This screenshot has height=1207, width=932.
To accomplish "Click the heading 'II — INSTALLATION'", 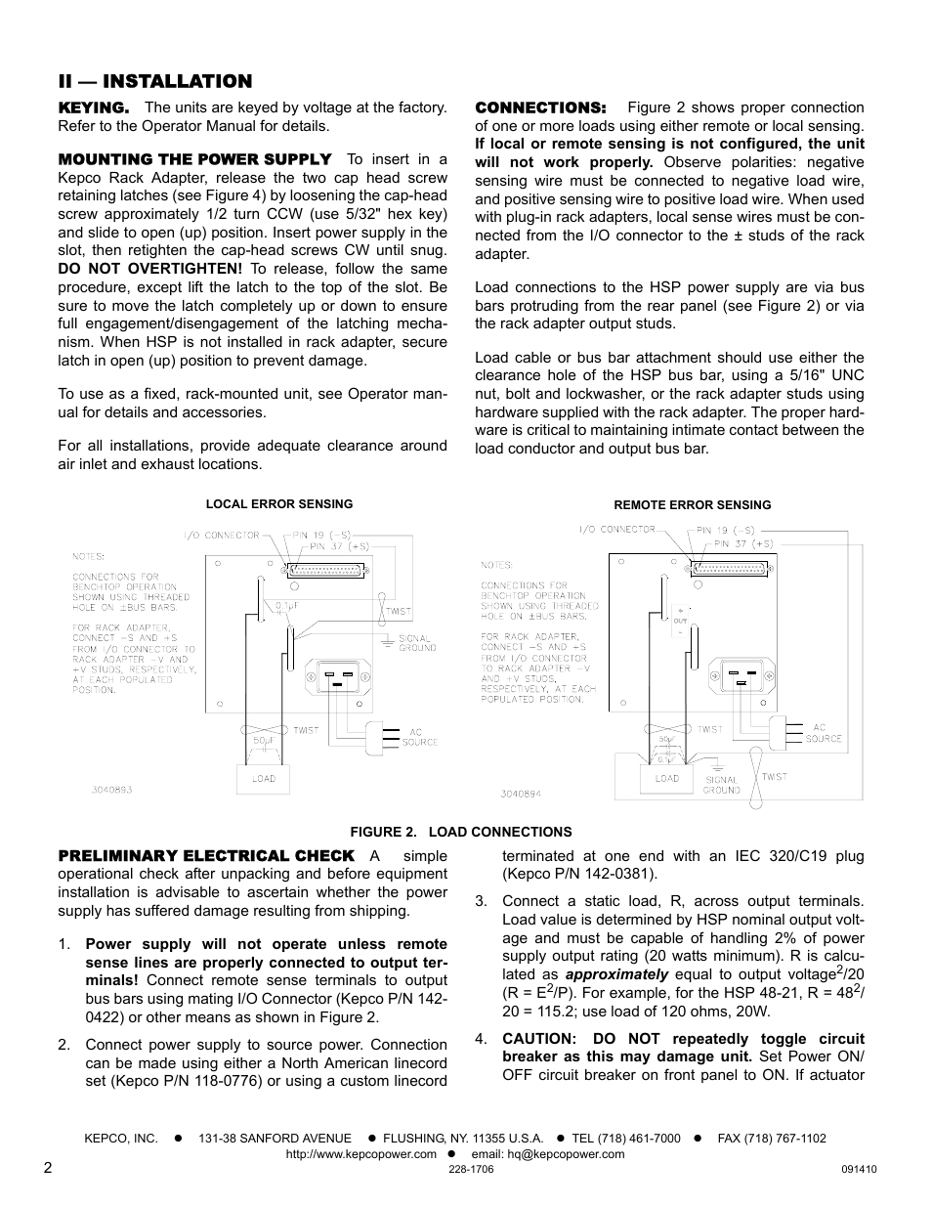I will [x=154, y=81].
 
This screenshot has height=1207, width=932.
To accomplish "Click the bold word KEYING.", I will [x=93, y=108].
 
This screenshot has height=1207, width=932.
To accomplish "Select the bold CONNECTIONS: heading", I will [x=540, y=108].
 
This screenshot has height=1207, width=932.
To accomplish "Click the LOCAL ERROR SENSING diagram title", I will [x=279, y=504].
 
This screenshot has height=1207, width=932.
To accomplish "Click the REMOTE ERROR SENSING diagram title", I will [x=692, y=505].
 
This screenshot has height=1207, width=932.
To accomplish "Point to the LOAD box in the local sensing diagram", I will [x=264, y=779].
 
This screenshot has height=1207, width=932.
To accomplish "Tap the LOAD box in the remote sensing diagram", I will [x=667, y=779].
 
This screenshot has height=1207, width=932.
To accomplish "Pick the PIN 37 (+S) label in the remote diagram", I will [x=743, y=543].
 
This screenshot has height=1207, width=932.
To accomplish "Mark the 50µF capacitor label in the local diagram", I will [x=262, y=742].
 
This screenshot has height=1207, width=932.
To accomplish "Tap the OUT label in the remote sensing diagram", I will [x=680, y=621].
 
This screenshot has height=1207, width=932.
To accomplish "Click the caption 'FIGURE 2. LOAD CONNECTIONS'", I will [x=461, y=832].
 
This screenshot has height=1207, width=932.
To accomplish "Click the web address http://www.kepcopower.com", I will [x=360, y=1154].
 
